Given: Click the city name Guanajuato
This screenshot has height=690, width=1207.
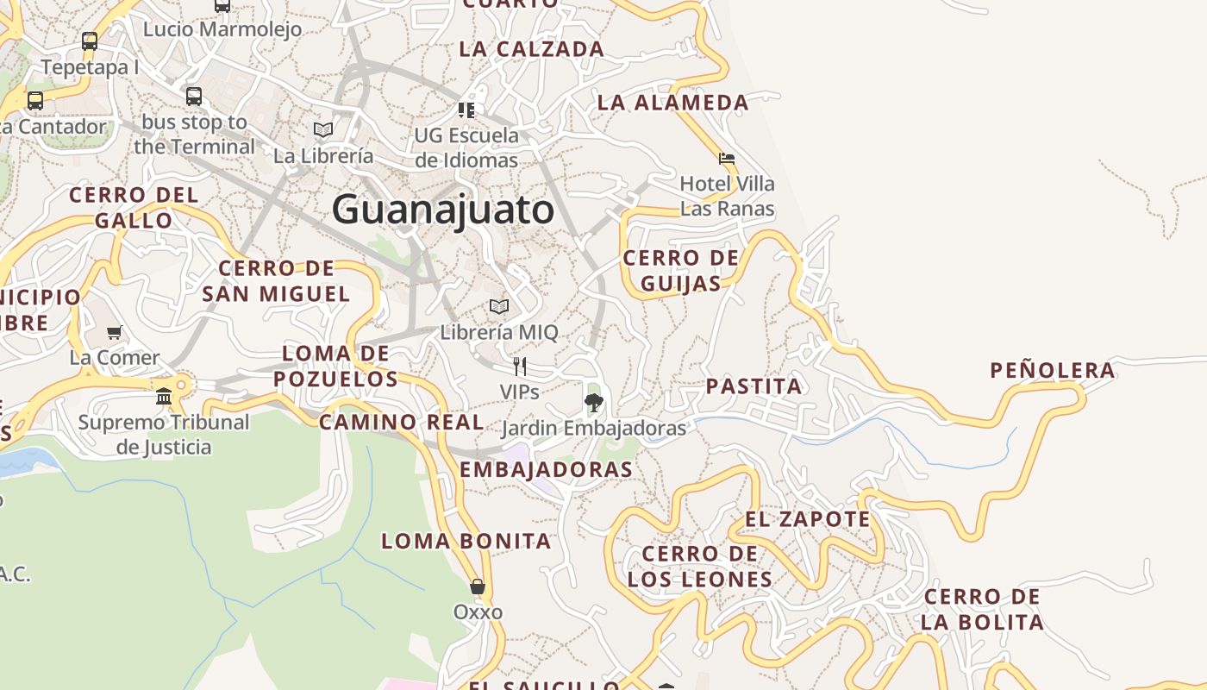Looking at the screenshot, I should pyautogui.click(x=442, y=210).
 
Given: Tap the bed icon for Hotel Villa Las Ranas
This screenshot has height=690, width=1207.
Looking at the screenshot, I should pyautogui.click(x=727, y=159).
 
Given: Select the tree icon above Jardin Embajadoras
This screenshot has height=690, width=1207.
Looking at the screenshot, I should pyautogui.click(x=593, y=401).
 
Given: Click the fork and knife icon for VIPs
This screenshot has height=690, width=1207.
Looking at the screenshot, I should pyautogui.click(x=519, y=367).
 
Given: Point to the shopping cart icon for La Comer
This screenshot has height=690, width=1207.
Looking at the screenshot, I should pyautogui.click(x=114, y=332).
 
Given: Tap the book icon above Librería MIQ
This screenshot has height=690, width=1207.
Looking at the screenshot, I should pyautogui.click(x=499, y=306).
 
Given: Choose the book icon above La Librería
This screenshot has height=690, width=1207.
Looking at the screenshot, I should pyautogui.click(x=323, y=129).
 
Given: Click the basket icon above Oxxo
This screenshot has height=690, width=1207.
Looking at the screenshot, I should pyautogui.click(x=478, y=586).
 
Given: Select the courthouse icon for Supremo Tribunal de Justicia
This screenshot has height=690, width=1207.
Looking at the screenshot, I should pyautogui.click(x=164, y=396).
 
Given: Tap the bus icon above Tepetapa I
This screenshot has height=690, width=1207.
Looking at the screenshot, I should pyautogui.click(x=90, y=41).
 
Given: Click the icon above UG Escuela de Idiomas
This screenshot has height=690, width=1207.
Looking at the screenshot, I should pyautogui.click(x=466, y=110).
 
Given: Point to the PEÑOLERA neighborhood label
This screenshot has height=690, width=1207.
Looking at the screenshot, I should pyautogui.click(x=1052, y=371).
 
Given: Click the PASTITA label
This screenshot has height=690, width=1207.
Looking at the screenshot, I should pyautogui.click(x=754, y=386).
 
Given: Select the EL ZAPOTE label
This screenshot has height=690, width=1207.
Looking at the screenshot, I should pyautogui.click(x=807, y=519).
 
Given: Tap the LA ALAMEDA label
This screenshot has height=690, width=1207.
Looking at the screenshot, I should pyautogui.click(x=672, y=103).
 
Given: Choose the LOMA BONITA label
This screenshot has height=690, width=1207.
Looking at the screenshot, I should pyautogui.click(x=466, y=542).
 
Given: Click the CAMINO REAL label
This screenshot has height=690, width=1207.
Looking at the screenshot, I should pyautogui.click(x=401, y=423).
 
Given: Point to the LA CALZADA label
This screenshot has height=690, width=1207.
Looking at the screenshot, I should pyautogui.click(x=531, y=49).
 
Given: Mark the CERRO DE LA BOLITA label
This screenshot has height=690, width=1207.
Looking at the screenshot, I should pyautogui.click(x=982, y=609).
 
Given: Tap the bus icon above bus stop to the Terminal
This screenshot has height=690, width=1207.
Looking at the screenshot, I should pyautogui.click(x=194, y=96).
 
